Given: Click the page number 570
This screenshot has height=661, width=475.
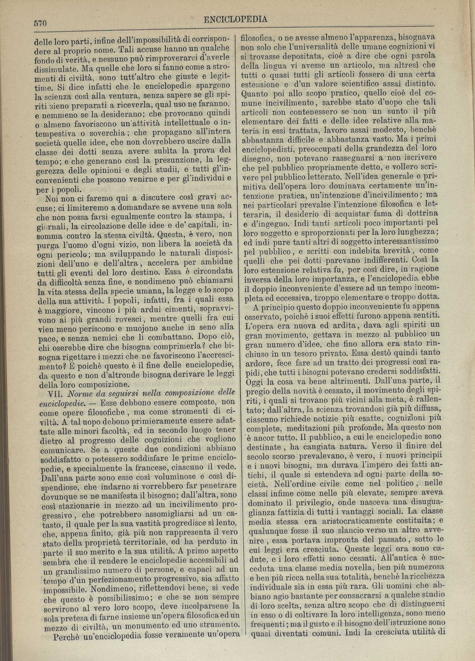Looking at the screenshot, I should click(x=41, y=23).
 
